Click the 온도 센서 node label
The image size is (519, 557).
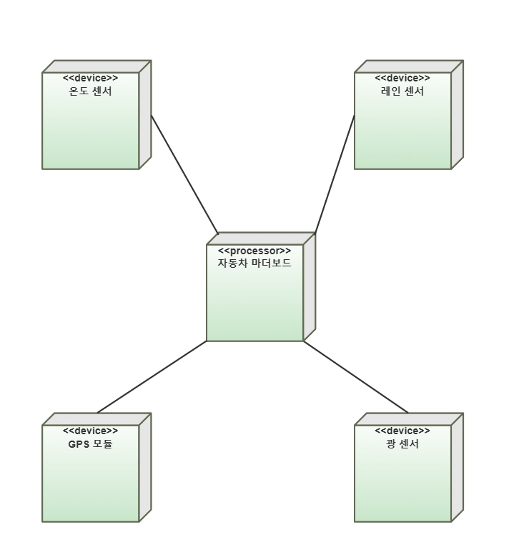click(x=90, y=91)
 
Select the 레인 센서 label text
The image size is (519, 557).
click(x=402, y=91)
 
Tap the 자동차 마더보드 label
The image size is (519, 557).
click(x=254, y=262)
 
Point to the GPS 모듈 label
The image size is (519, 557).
click(x=90, y=443)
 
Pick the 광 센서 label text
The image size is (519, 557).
click(x=402, y=443)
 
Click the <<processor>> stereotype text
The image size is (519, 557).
click(x=254, y=251)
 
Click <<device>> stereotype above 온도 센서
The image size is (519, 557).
click(x=90, y=79)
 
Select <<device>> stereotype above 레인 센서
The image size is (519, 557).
click(x=402, y=79)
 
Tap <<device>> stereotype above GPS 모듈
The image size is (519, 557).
click(x=90, y=431)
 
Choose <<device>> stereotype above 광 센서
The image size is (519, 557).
click(x=402, y=431)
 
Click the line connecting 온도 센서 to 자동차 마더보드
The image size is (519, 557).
click(x=184, y=174)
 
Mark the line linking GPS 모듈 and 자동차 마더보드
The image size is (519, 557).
click(x=152, y=376)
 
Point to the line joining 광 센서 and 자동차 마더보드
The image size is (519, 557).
click(x=355, y=376)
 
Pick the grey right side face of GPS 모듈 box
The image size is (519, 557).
click(x=145, y=467)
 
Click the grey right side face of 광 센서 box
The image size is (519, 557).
click(x=458, y=467)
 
